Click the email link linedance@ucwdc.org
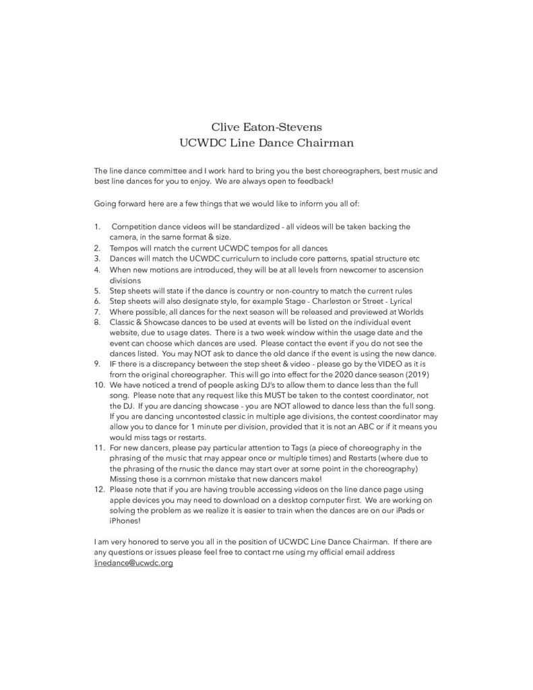tap(133, 563)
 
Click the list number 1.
tap(97, 226)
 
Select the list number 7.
tap(97, 312)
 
